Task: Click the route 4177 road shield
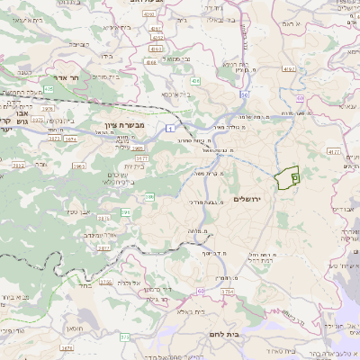point(334,152)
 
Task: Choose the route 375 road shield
point(125,336)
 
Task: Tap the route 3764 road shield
point(227,292)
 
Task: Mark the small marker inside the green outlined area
point(295,179)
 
